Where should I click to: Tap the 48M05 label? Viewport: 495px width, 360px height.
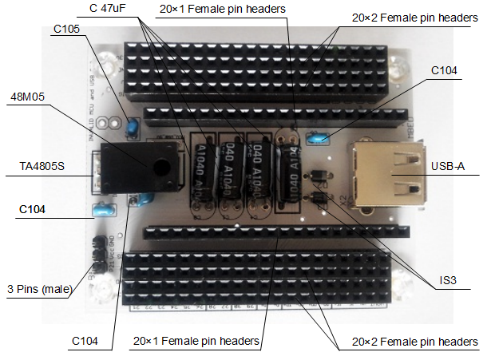point(26,97)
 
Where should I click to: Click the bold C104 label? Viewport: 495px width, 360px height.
point(34,209)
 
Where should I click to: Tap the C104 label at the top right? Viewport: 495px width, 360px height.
point(444,70)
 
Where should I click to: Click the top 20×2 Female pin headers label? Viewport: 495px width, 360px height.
point(415,17)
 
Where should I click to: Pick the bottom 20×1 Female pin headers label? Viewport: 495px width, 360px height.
point(196,341)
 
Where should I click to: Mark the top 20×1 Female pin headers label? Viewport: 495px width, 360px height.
point(223,9)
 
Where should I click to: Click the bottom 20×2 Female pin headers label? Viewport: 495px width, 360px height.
point(414,342)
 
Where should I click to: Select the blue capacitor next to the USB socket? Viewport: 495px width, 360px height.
point(318,139)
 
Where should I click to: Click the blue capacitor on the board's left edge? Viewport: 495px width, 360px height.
point(102,211)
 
